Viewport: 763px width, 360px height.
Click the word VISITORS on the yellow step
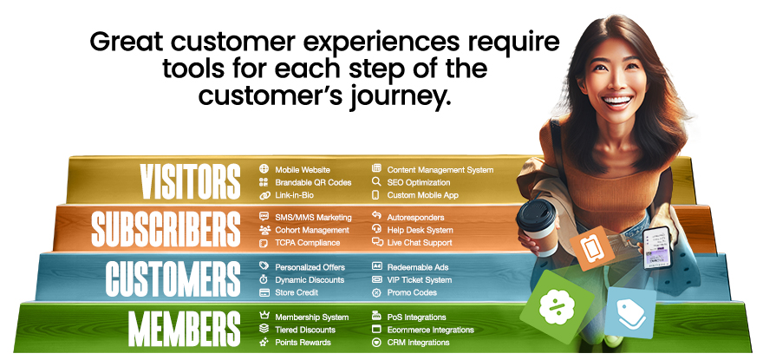click(190, 181)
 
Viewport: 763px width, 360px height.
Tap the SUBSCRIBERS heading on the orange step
click(165, 228)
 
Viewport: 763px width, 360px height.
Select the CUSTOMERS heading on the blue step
click(173, 278)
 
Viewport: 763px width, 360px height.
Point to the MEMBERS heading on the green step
click(184, 327)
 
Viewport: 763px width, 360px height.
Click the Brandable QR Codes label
click(313, 183)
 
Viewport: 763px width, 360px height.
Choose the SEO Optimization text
click(419, 183)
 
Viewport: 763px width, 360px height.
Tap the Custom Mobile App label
click(422, 196)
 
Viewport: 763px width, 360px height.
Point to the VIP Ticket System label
click(420, 280)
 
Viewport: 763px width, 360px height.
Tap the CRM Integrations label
click(418, 343)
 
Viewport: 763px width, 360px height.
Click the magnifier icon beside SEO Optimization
click(376, 183)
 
